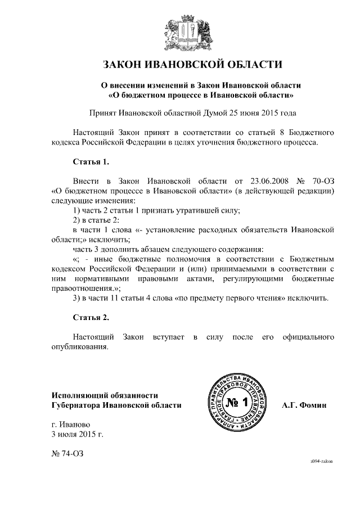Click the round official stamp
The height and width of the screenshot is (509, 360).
tap(240, 402)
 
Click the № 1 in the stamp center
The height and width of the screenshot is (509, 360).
tap(239, 403)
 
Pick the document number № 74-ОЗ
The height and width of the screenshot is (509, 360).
tap(67, 453)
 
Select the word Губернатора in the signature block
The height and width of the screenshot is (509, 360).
tap(78, 405)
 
